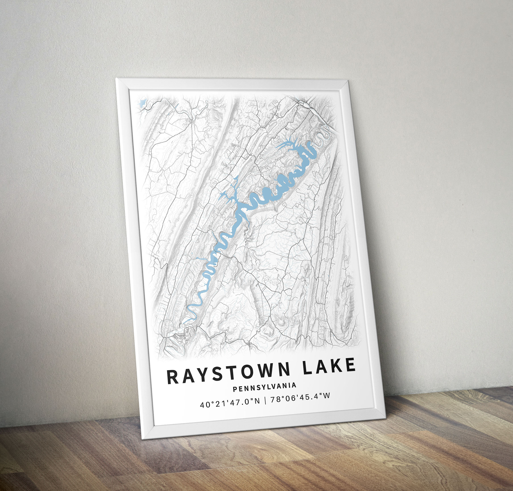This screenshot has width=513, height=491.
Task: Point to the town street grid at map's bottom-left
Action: pyautogui.click(x=178, y=337)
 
